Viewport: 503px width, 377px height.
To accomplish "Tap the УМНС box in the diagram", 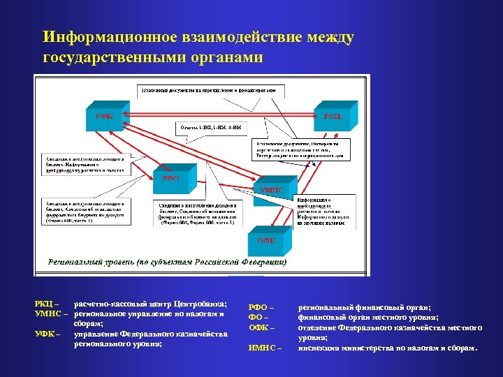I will [272, 190].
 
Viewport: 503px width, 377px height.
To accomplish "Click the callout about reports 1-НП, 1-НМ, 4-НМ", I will [210, 128].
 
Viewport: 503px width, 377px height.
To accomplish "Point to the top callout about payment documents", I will [210, 91].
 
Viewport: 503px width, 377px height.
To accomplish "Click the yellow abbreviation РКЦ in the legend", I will [46, 304].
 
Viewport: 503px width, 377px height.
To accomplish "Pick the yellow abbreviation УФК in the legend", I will [46, 334].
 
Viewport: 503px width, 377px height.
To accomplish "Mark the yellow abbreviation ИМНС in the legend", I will [265, 347].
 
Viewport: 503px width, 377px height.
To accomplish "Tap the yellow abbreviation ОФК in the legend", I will [262, 327].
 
